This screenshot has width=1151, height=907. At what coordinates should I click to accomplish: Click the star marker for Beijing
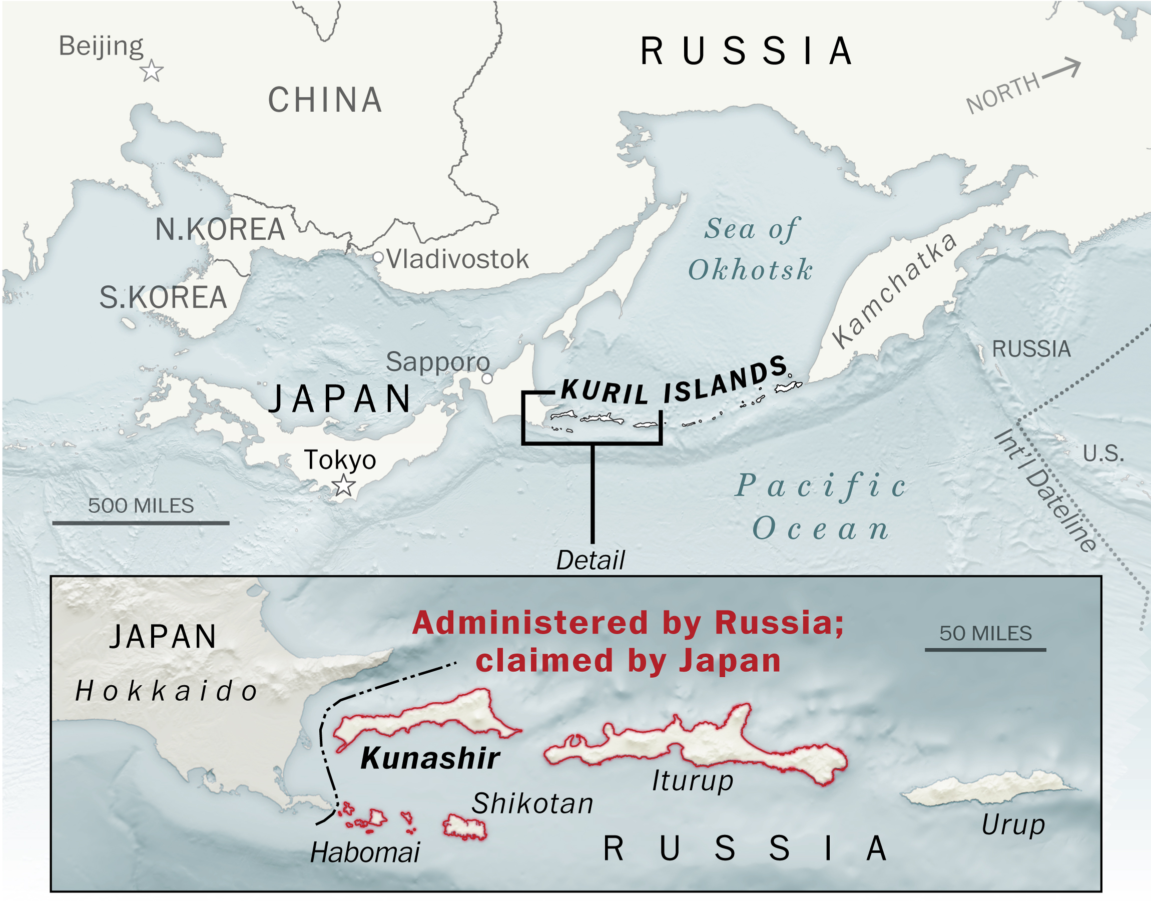(x=152, y=71)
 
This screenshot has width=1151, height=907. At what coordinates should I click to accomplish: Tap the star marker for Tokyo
(x=343, y=486)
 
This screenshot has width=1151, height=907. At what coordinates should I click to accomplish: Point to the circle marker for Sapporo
(x=487, y=378)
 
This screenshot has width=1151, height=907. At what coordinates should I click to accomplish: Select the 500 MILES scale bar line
(x=141, y=523)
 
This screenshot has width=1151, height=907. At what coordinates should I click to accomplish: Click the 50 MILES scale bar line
(x=985, y=649)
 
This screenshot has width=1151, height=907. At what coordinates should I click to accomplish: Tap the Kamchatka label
(x=895, y=290)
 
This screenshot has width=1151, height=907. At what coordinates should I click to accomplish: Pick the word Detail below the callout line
(x=591, y=560)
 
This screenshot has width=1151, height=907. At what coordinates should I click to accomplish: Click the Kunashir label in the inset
(x=430, y=758)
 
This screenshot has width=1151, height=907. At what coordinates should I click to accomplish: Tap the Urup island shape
(x=987, y=788)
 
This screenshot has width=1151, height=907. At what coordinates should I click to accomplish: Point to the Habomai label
(x=365, y=852)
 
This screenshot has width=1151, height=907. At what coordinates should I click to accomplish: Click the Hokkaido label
(x=166, y=691)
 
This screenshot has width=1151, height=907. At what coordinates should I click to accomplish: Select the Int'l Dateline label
(x=1043, y=491)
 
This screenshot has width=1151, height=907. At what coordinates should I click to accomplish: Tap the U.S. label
(x=1103, y=453)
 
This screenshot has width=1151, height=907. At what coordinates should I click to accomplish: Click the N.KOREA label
(x=220, y=229)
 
